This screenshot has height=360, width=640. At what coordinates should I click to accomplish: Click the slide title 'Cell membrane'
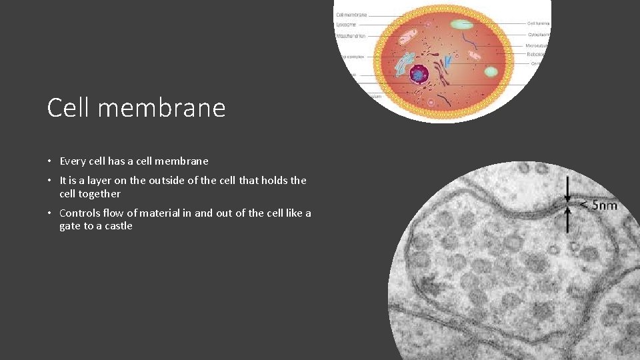[x=136, y=107]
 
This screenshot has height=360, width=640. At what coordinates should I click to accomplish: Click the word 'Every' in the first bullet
[x=72, y=161]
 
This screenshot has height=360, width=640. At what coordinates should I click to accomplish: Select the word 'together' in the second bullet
[x=99, y=194]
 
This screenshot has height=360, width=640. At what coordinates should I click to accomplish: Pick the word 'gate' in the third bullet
[x=70, y=226]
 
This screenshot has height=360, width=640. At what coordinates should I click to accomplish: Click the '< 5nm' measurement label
[x=597, y=205]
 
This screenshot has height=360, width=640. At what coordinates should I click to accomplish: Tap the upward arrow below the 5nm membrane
[x=567, y=219]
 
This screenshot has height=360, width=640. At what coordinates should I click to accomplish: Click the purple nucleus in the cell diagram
[x=419, y=75]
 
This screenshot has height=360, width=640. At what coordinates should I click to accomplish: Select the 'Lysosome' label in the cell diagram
[x=347, y=24]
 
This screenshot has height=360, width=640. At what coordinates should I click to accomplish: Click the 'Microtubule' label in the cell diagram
[x=537, y=46]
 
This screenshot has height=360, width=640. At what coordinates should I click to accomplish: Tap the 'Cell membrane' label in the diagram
[x=351, y=14]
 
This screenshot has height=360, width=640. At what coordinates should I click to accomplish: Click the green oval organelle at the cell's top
[x=461, y=25]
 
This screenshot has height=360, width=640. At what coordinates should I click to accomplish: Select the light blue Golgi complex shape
[x=404, y=64]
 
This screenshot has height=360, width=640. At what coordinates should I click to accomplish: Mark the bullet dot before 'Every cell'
[x=50, y=161]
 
